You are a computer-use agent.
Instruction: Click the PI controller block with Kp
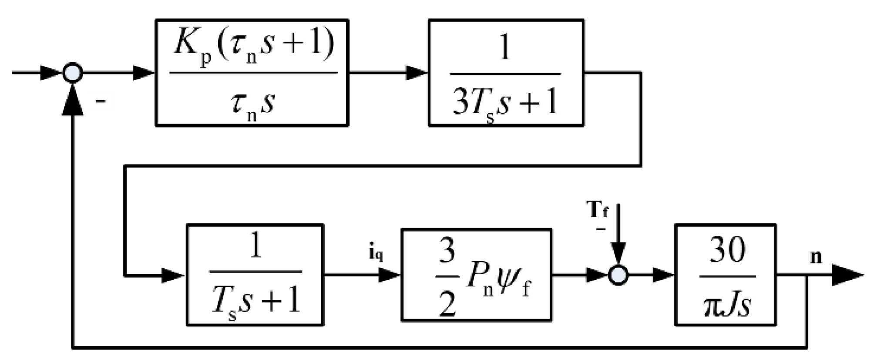252,73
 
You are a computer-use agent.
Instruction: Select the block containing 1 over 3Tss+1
506,73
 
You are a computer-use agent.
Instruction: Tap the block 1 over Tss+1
255,275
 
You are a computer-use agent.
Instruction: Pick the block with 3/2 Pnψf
476,275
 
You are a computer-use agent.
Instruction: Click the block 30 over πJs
726,275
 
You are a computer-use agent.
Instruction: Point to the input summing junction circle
73,73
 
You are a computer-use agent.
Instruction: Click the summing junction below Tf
618,275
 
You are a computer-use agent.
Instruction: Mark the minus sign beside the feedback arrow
101,102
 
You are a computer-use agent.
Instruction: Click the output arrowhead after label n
847,275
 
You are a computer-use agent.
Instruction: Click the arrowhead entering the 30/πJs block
663,275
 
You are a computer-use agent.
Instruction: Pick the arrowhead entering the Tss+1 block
173,275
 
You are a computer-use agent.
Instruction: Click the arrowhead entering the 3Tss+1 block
417,73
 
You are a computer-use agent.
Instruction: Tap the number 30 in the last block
727,251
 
